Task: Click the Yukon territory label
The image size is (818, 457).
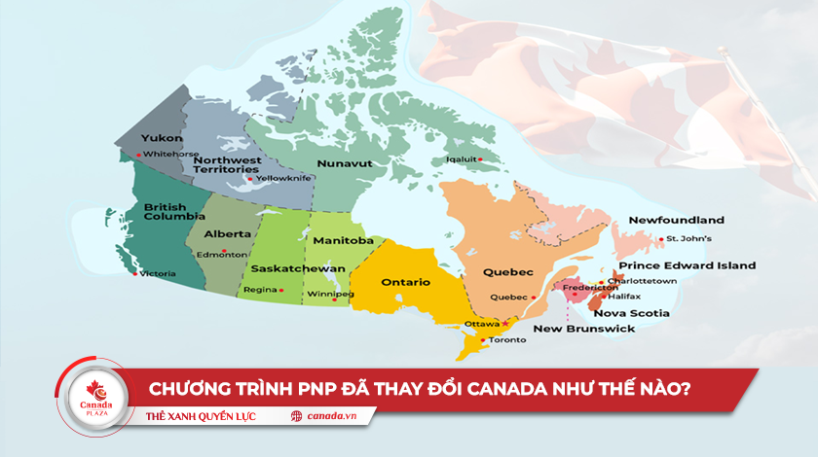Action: point(161,138)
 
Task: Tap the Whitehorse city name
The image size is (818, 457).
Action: point(171,154)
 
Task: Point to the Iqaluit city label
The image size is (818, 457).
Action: point(462,159)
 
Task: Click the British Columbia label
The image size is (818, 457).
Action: point(166,213)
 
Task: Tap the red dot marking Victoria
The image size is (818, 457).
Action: point(135,274)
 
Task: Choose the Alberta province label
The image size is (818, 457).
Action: point(227,233)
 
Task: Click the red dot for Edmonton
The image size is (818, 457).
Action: point(224,254)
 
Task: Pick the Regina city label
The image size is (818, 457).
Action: point(260,290)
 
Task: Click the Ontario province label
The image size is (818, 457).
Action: point(406,282)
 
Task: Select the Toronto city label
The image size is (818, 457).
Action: point(507,339)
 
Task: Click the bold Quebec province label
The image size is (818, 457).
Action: point(508,272)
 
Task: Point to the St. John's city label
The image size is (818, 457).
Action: point(688,238)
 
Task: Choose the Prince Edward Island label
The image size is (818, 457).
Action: point(688,265)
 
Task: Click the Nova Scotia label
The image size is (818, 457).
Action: point(631,313)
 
